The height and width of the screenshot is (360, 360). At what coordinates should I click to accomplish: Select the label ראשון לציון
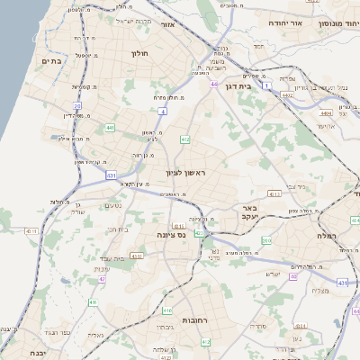pos(186,171)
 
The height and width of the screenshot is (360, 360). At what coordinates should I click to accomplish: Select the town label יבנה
pos(38,353)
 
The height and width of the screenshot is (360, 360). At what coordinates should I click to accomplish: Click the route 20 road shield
pos(78,105)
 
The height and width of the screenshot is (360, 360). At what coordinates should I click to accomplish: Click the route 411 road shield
pos(275,192)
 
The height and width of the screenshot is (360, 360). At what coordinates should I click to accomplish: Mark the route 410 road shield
pos(93,302)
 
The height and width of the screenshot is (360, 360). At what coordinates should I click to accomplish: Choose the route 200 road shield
pos(266,240)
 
